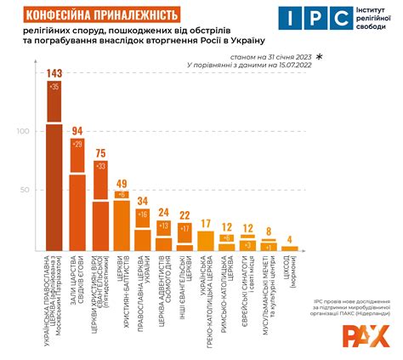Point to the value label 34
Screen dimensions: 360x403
pos(143,202)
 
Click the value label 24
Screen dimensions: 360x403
pos(163,213)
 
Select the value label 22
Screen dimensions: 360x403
pos(184,215)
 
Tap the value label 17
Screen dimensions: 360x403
pos(206,223)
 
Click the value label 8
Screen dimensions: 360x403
pos(269,231)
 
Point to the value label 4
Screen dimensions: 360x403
pos(290,239)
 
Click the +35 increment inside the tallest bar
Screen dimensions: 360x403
pos(54,87)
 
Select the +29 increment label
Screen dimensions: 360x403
pos(77,145)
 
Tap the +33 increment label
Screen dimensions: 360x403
pos(99,166)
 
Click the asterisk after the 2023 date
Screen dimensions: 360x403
pos(319,54)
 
